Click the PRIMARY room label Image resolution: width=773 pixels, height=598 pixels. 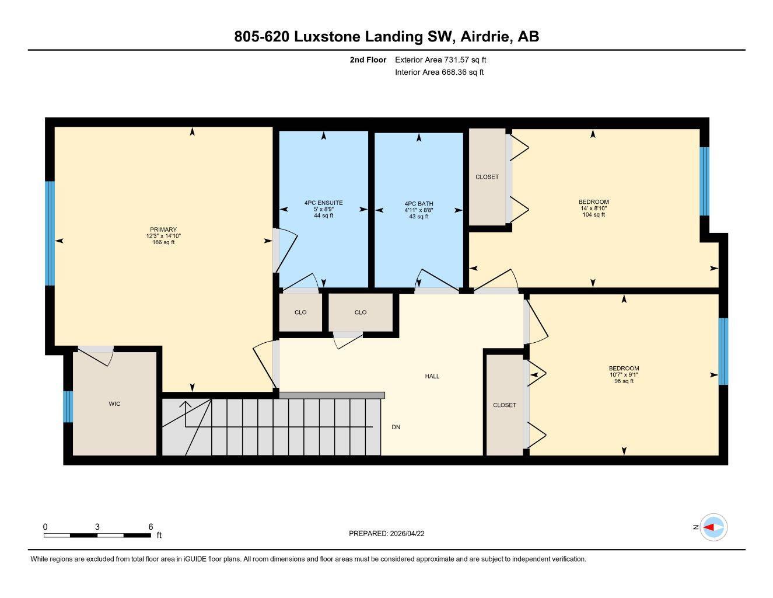point(163,230)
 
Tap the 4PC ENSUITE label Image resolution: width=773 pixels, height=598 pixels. point(323,203)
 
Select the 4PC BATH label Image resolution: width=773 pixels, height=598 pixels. point(418,204)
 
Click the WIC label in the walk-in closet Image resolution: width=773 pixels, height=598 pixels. point(115,404)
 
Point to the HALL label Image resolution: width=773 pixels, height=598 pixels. point(432,376)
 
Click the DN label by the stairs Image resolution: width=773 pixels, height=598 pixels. point(396,427)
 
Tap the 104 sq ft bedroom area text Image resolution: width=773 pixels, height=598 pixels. point(593,214)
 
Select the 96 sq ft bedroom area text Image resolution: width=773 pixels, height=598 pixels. point(624,381)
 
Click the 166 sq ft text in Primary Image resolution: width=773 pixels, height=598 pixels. point(163,242)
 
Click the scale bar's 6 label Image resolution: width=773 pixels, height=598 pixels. point(151,527)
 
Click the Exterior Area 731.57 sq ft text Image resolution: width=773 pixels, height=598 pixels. point(440,60)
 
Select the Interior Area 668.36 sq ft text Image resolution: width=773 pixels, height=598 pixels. point(439,72)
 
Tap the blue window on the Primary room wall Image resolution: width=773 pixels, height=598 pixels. point(50,233)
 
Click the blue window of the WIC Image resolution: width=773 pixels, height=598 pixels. point(68,406)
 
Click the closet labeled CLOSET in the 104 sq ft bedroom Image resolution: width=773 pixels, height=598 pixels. point(487,176)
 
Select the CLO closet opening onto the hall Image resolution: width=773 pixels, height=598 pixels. point(361,312)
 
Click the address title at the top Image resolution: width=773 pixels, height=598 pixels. point(386,36)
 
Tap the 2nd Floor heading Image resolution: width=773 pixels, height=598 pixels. point(368,60)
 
